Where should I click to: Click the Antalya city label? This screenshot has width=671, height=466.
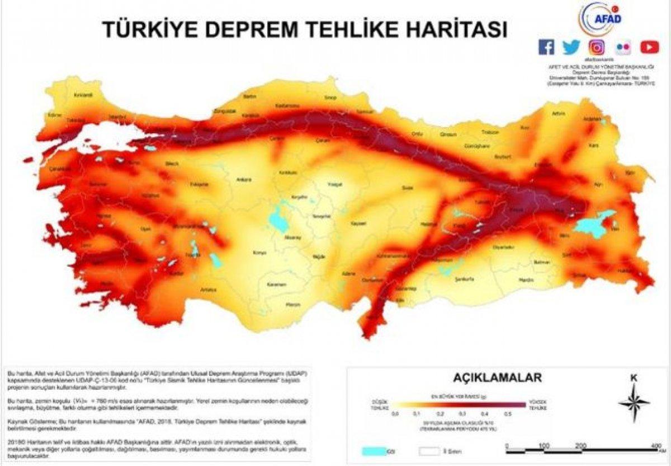tap(209, 290)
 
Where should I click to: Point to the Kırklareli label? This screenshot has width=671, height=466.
tap(83, 95)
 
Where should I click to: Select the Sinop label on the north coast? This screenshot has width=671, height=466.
tap(330, 99)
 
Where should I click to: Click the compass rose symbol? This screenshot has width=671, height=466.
tap(634, 402)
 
